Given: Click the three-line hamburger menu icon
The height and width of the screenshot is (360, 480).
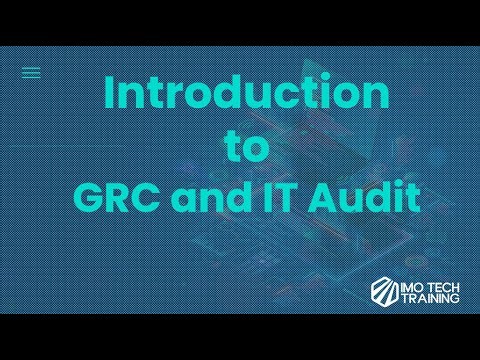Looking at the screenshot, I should tap(31, 72).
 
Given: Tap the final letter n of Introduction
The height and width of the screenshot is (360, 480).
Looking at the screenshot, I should tap(373, 96).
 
